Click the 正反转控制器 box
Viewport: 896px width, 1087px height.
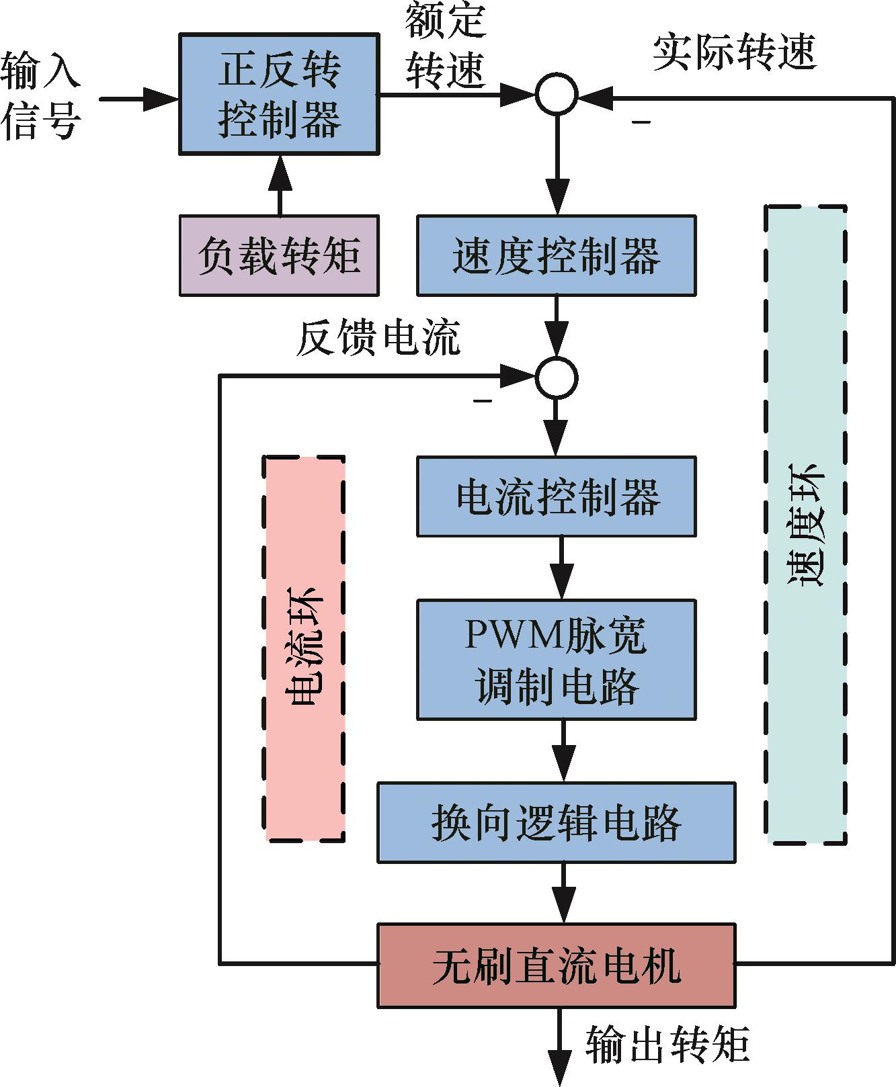278,95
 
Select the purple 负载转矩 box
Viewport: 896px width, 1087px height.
279,255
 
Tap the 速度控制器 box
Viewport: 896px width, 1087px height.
556,255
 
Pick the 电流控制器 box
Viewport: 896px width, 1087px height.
556,496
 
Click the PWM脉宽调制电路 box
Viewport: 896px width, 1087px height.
556,660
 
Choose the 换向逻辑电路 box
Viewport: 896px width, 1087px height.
556,822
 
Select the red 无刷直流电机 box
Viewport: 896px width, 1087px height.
556,965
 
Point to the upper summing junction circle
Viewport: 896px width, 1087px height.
556,94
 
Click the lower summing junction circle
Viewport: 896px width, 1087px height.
556,378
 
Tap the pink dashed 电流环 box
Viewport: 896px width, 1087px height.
305,648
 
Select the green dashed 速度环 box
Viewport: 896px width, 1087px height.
805,524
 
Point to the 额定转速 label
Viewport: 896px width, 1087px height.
445,46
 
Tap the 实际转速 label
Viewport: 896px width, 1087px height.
734,52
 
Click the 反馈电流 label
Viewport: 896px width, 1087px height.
378,337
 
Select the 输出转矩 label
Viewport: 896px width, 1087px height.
667,1045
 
